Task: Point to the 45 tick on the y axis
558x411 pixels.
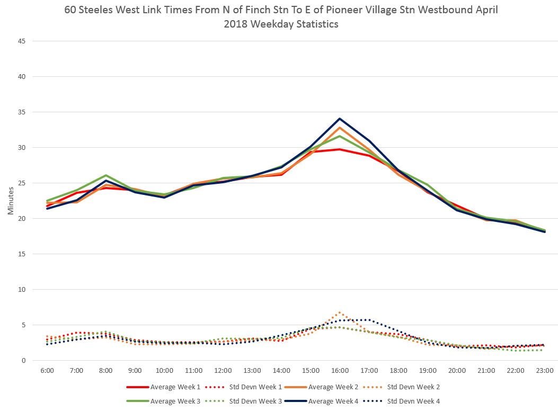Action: [23, 41]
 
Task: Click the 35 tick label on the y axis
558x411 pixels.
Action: [23, 112]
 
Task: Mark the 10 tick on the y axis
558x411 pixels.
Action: [23, 290]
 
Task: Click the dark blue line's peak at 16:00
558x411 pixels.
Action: [340, 119]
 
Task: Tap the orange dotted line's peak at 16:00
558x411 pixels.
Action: [340, 312]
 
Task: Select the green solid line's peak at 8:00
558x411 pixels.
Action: [106, 175]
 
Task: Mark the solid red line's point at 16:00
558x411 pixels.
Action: [340, 149]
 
